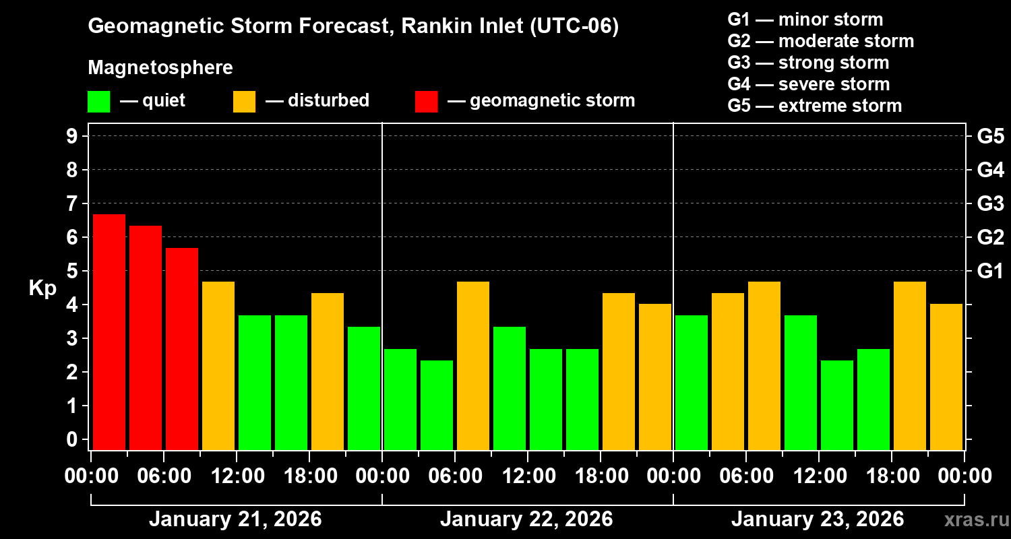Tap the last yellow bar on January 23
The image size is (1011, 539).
tap(946, 377)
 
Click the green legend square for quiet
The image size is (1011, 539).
tap(99, 102)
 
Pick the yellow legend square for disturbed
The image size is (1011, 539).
tap(244, 102)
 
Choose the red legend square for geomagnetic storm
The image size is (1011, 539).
tap(426, 102)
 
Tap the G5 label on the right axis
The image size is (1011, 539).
tap(990, 136)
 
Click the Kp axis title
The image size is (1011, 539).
tap(42, 288)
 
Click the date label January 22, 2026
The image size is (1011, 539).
tap(526, 519)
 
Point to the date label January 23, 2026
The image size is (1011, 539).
tap(818, 519)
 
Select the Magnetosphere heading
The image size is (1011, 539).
tap(160, 68)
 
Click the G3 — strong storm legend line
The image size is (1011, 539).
tap(808, 63)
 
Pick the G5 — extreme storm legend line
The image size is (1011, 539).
tap(814, 106)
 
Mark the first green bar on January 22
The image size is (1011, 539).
tap(400, 399)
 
